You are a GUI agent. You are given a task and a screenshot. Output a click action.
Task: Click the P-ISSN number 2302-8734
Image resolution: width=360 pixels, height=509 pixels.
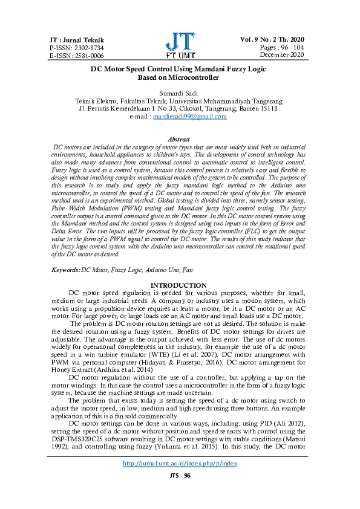coord(70,47)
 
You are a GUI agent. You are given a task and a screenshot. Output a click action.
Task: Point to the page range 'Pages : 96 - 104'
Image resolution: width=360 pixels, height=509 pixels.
coord(283,47)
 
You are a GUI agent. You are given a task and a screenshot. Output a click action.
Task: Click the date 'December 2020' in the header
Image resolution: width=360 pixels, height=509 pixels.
coord(284,54)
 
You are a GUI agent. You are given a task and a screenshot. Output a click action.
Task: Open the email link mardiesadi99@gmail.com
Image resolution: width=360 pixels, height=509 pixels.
coord(189,116)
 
